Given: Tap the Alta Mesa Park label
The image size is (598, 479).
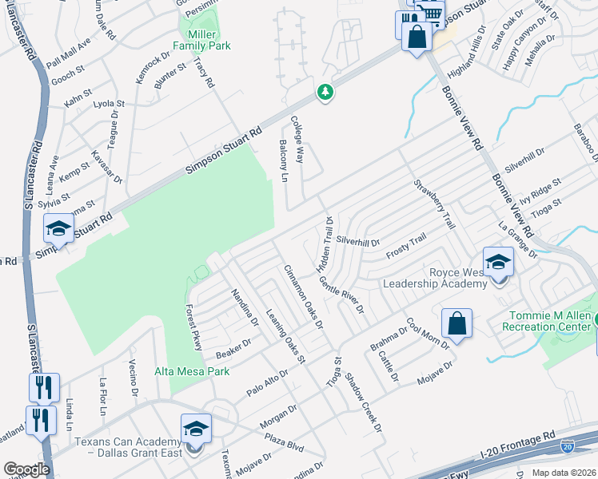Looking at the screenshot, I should point(192,371).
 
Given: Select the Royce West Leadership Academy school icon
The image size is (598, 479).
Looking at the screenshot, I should point(498,261).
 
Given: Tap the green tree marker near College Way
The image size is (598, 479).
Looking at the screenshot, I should point(325,93).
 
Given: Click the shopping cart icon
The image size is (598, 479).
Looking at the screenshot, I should point(432,14).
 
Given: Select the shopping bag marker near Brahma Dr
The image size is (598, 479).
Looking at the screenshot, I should point(456,323).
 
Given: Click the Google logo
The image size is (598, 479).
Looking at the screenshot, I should point(26,469).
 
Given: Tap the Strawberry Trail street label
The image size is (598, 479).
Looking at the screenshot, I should point(434,204).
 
